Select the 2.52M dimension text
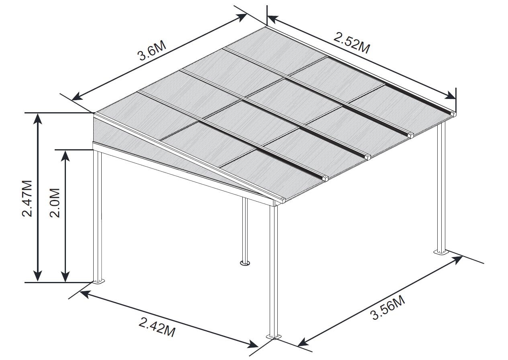coord(352,43)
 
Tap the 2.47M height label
coord(27,198)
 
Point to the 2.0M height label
coord(55,203)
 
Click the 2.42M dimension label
coord(157,327)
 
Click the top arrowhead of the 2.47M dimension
coord(38,118)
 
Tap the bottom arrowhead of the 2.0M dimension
coord(66,276)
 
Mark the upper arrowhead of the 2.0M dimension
coord(66,156)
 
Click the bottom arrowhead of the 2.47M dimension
coord(38,276)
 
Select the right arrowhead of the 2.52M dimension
coord(451,96)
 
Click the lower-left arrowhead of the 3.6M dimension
coord(77,96)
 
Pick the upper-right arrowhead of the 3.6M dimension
coord(241,17)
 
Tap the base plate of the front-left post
coord(98,281)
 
